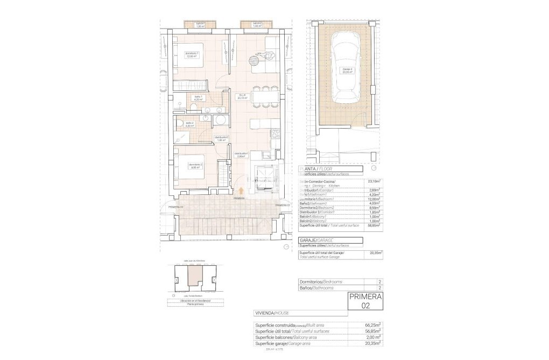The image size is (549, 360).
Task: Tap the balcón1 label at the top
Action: pyautogui.click(x=200, y=24)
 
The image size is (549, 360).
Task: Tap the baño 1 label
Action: pyautogui.click(x=198, y=98)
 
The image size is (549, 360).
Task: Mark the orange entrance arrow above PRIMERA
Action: pyautogui.click(x=240, y=190)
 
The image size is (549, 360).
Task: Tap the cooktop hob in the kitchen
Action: pyautogui.click(x=274, y=132)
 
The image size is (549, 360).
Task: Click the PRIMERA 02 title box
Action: pyautogui.click(x=365, y=301)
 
